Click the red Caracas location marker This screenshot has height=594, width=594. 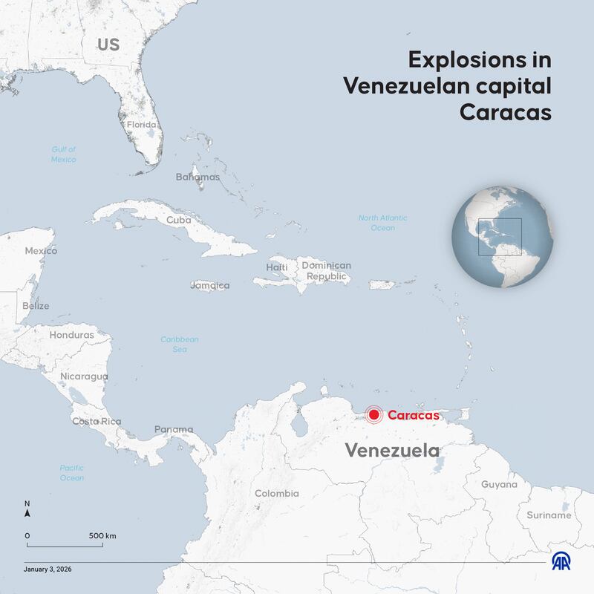coord(374,416)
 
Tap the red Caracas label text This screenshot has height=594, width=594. coord(413,416)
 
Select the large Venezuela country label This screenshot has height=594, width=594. coord(392,451)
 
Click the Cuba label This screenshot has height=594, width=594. coord(179,220)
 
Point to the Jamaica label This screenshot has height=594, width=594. coord(210,285)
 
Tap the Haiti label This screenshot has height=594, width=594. coord(277,267)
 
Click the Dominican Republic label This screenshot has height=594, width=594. coord(327,271)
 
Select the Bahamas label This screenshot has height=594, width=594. coord(198,177)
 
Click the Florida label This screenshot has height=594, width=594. coord(141,125)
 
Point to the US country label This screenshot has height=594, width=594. coord(108,45)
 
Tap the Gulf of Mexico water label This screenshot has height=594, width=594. coord(64,154)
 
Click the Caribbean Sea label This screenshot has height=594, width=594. coord(180,344)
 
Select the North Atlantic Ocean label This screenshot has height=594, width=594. coord(383,223)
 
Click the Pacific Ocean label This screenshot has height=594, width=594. coord(72,473)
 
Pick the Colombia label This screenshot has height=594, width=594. coord(277,493)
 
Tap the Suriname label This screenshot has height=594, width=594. coord(549,515)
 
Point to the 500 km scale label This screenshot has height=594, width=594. coord(102,535)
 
